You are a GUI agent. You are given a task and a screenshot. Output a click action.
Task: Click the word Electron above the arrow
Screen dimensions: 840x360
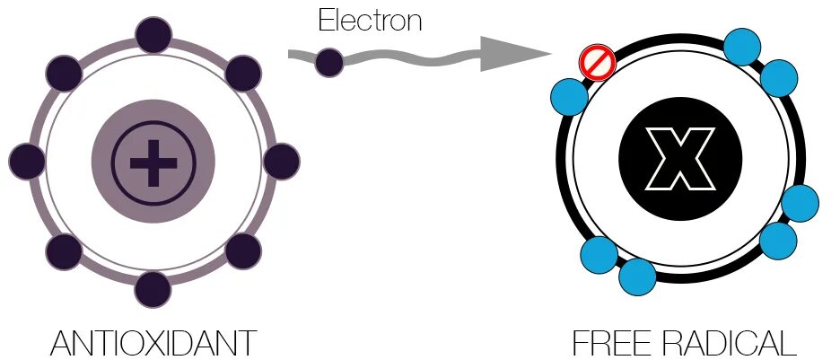(x=370, y=20)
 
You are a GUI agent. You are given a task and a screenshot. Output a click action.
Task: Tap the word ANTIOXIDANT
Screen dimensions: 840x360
(x=153, y=344)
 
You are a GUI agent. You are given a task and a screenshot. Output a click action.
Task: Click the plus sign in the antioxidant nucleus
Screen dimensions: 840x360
(x=153, y=162)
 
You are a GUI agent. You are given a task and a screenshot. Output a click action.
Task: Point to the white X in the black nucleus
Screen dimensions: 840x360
(x=680, y=161)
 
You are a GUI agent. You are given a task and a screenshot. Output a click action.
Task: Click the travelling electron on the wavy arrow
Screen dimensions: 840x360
(x=329, y=62)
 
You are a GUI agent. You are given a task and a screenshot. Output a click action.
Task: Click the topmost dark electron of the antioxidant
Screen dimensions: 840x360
(x=153, y=35)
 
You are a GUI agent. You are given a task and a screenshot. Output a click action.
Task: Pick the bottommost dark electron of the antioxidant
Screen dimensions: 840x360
(x=153, y=289)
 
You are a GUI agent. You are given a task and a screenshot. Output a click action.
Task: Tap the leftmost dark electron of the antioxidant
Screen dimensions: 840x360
(x=27, y=162)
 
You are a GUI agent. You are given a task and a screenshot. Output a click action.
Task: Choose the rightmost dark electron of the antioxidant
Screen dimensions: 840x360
(x=281, y=162)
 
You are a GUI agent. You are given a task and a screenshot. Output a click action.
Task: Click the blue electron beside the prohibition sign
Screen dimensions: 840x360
(x=569, y=96)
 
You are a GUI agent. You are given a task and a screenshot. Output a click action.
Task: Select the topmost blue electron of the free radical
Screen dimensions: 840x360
(x=742, y=47)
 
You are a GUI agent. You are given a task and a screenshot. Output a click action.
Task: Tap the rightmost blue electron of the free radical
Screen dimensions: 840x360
(x=800, y=203)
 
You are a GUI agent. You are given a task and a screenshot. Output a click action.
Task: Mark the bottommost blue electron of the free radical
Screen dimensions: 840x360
(x=638, y=277)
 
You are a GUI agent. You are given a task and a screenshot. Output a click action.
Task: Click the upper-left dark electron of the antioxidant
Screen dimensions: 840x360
(x=64, y=73)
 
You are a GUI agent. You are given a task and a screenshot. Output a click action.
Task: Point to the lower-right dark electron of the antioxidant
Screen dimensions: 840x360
(x=243, y=252)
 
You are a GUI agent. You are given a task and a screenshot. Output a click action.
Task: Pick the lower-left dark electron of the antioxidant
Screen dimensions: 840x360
(x=64, y=252)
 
